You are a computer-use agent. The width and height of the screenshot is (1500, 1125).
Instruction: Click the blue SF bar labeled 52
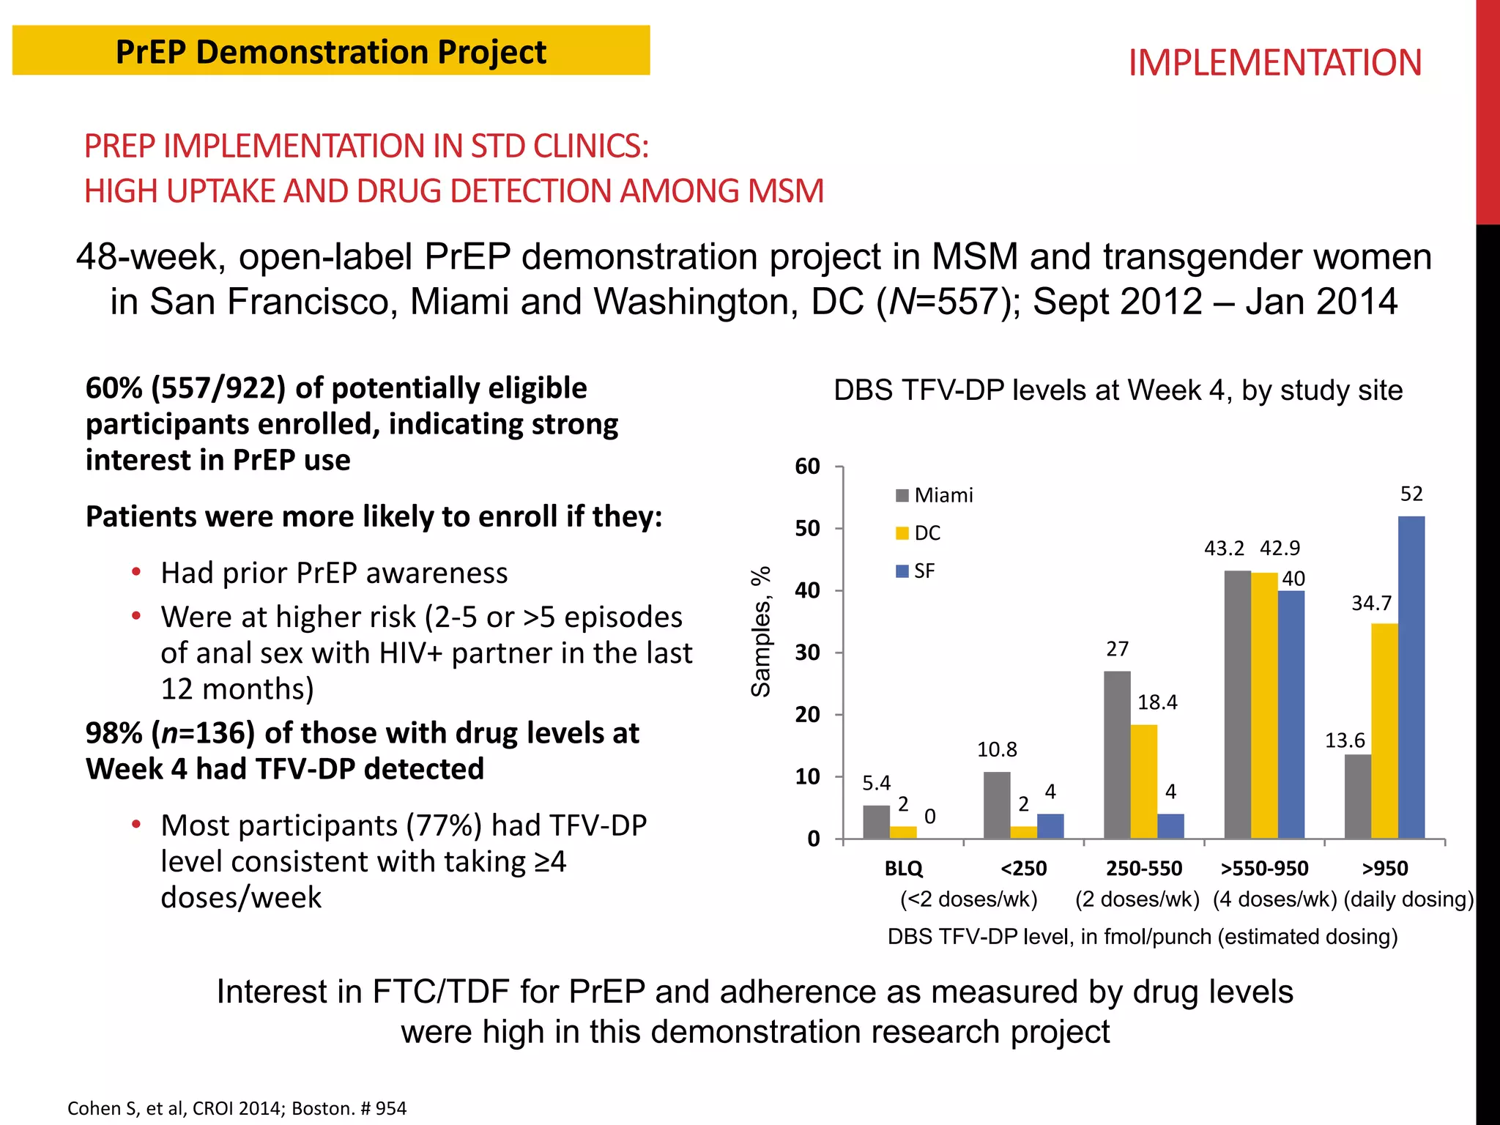[1411, 677]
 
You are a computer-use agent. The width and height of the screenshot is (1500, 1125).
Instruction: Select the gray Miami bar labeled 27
[1117, 754]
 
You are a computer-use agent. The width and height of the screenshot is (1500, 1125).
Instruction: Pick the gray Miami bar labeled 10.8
[997, 805]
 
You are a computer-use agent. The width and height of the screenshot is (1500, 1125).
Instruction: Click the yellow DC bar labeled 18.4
[1143, 781]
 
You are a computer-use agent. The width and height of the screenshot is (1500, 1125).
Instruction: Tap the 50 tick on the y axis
[808, 529]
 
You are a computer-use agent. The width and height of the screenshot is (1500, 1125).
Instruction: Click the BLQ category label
[903, 869]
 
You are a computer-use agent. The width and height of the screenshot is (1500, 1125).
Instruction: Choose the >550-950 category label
[1264, 869]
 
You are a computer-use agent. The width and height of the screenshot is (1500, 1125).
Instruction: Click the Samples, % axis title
[761, 631]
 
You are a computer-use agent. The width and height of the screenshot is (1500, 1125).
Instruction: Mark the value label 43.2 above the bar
[1224, 549]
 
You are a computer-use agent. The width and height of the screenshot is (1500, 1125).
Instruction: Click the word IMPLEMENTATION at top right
[1274, 63]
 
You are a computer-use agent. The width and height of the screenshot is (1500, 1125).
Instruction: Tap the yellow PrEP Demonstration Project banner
[330, 51]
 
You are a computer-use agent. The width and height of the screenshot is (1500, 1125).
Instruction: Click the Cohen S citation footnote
[237, 1108]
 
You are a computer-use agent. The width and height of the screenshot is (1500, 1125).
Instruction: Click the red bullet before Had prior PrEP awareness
[136, 572]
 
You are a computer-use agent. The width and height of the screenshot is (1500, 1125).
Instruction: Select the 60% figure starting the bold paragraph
[114, 388]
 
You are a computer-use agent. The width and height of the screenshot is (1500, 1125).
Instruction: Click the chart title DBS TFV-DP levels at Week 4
[1118, 390]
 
